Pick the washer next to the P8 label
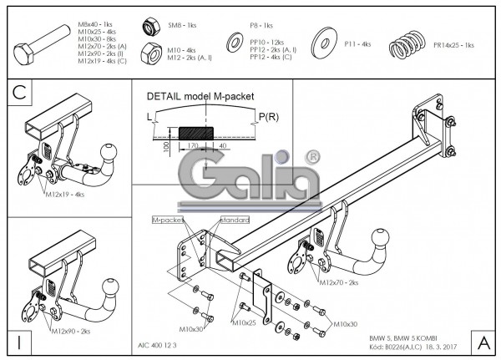pos(233,42)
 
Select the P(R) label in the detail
pos(269,115)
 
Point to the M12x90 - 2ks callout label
pos(74,332)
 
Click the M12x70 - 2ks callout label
pos(337,283)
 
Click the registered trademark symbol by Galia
pos(312,157)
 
